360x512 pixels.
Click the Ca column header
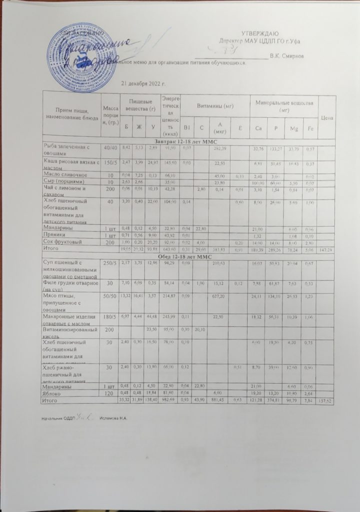pos(258,129)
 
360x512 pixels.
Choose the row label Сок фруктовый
pos(60,241)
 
